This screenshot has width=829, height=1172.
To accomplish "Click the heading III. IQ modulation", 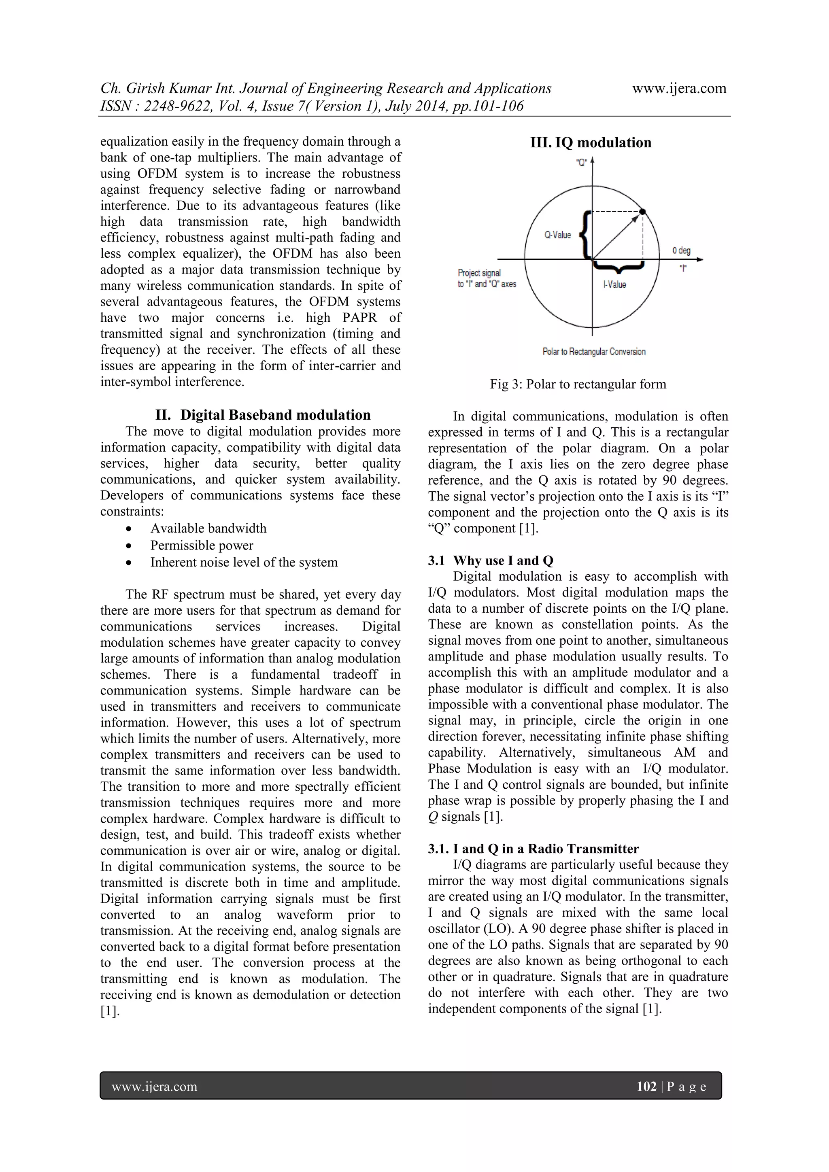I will [x=591, y=142].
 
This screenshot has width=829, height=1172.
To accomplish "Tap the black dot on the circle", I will [x=643, y=211].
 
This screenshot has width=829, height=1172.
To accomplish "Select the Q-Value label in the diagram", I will [x=557, y=235].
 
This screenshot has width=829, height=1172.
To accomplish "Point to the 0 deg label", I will [x=681, y=250].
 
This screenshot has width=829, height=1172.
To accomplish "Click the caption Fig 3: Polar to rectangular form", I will [x=578, y=384].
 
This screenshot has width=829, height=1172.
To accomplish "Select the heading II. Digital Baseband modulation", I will [x=263, y=414].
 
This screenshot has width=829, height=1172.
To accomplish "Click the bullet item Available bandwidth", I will [x=208, y=528].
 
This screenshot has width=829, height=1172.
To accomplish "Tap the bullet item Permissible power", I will [x=202, y=545].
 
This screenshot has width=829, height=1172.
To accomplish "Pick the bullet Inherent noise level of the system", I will [x=244, y=562].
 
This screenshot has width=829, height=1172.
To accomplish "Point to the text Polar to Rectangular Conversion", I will [x=594, y=352].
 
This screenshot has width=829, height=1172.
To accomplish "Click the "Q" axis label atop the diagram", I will [x=581, y=163].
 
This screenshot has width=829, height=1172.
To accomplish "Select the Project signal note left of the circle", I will [x=487, y=278].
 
